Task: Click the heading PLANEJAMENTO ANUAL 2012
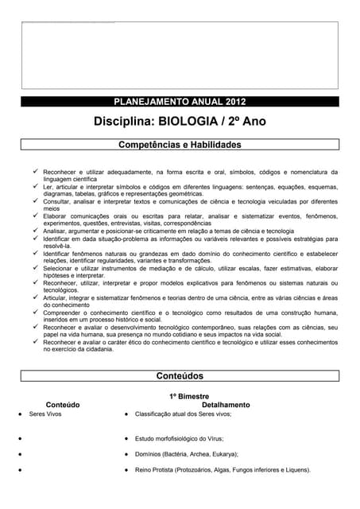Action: pyautogui.click(x=180, y=102)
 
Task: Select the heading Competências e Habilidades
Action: pyautogui.click(x=180, y=146)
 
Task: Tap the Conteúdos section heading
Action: pyautogui.click(x=180, y=375)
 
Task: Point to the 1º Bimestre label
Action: pyautogui.click(x=188, y=395)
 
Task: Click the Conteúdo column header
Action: pyautogui.click(x=63, y=405)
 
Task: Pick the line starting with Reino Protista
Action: pyautogui.click(x=223, y=470)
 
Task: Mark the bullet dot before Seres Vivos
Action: pyautogui.click(x=19, y=414)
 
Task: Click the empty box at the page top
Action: pyautogui.click(x=180, y=54)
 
